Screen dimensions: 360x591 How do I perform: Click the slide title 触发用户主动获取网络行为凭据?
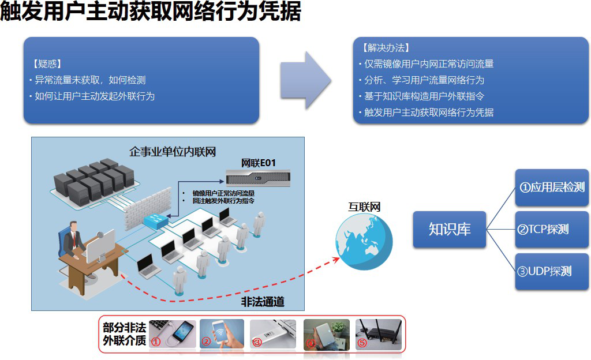151,12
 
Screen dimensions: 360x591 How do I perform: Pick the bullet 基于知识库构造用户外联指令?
424,96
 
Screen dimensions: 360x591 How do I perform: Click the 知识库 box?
450,229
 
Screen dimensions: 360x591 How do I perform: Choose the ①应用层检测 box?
552,187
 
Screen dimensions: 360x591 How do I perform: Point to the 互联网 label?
364,207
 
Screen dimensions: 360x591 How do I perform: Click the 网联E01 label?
258,163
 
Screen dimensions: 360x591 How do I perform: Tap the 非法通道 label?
262,302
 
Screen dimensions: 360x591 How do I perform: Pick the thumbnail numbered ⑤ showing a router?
378,334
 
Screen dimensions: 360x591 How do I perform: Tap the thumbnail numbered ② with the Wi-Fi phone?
223,334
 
